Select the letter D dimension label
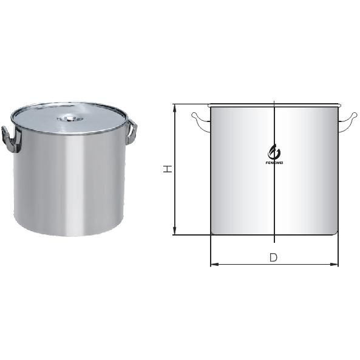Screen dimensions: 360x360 (x=273, y=257)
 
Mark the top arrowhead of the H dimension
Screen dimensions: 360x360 (x=175, y=107)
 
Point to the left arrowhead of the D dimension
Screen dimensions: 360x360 (x=213, y=264)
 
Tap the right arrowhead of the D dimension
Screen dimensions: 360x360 (x=336, y=264)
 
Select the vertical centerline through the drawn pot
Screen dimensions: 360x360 (x=274, y=194)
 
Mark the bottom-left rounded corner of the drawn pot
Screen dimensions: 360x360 (x=212, y=233)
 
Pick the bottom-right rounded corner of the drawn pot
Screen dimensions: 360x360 (x=336, y=233)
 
